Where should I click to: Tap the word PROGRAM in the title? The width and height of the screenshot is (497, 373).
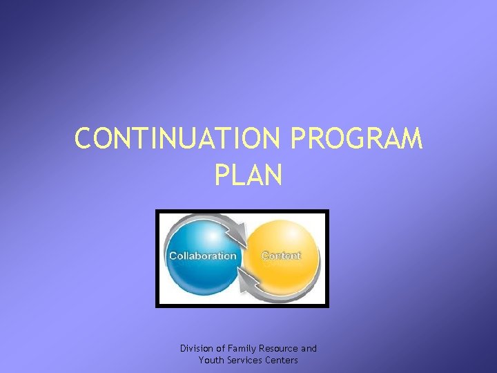pyautogui.click(x=357, y=139)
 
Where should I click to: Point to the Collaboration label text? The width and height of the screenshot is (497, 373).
pyautogui.click(x=202, y=256)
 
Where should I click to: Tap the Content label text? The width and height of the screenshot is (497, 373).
pyautogui.click(x=281, y=256)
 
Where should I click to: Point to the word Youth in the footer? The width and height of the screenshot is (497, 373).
pyautogui.click(x=211, y=361)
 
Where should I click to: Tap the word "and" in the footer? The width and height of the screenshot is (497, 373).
pyautogui.click(x=309, y=349)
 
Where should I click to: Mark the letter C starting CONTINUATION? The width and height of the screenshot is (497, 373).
pyautogui.click(x=84, y=139)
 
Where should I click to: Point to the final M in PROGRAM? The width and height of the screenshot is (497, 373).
pyautogui.click(x=409, y=139)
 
